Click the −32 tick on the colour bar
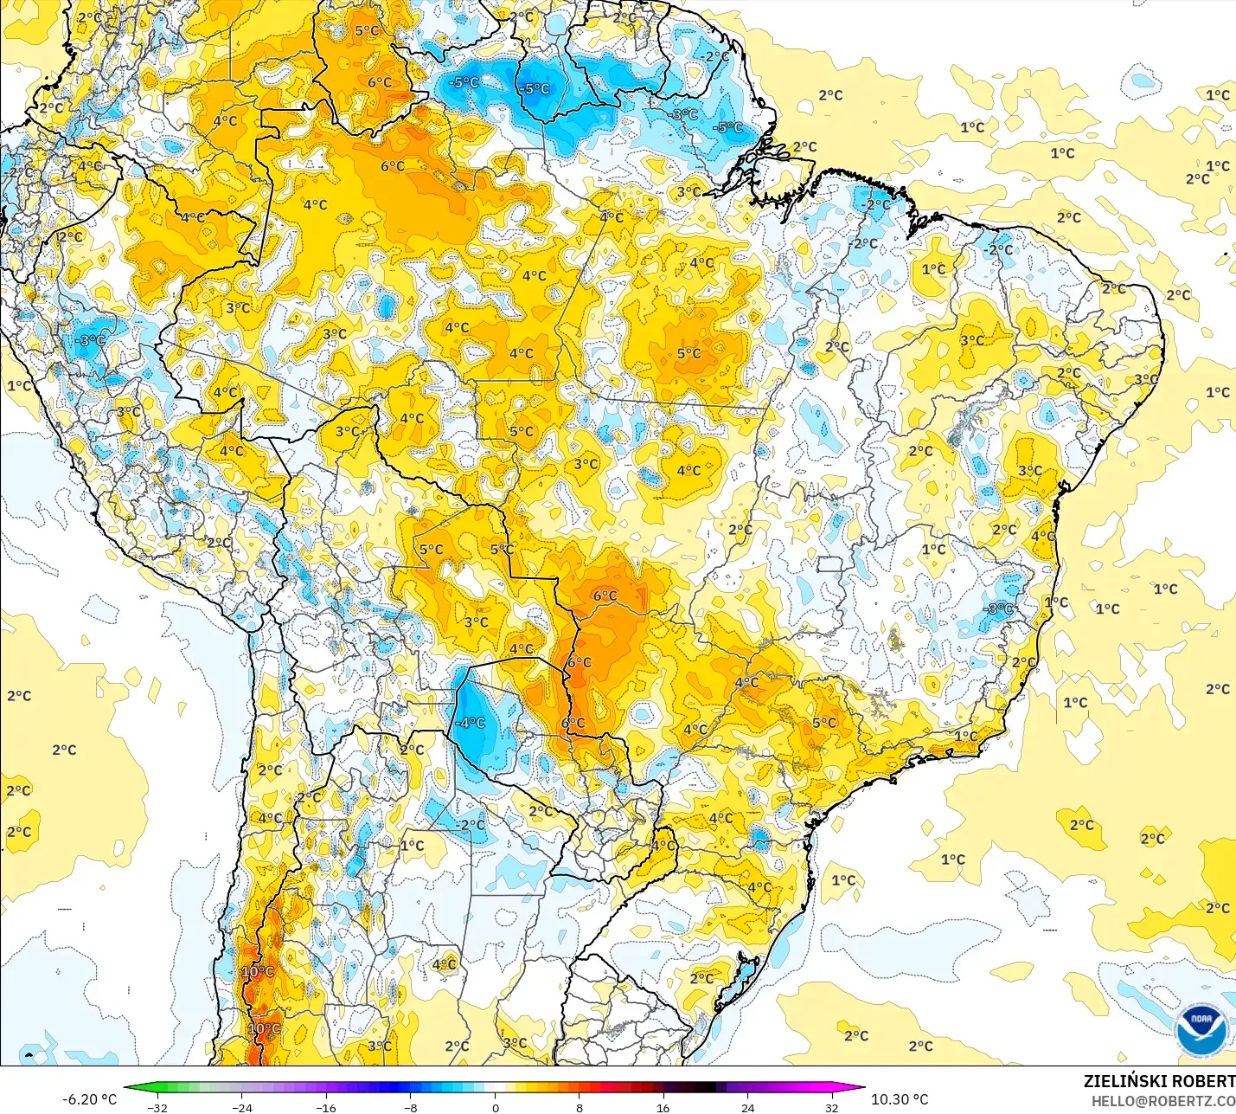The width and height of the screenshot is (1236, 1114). [157, 1106]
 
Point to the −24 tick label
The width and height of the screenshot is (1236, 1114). [241, 1106]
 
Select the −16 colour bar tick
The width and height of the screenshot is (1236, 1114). [325, 1106]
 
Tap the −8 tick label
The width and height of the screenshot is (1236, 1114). [411, 1106]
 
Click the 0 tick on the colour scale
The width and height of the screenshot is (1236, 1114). [495, 1106]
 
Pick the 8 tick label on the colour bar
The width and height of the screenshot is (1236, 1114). [580, 1106]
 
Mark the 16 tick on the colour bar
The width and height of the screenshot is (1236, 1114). [663, 1106]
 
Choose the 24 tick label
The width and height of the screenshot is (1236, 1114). [747, 1106]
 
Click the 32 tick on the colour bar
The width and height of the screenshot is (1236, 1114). [831, 1106]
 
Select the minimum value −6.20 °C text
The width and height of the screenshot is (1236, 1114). [89, 1098]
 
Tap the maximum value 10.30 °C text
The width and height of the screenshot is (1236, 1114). [900, 1098]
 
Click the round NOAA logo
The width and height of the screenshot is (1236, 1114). [1201, 1030]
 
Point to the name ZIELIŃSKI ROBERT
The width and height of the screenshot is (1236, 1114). [1159, 1081]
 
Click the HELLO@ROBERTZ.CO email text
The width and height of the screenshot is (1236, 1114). [1163, 1101]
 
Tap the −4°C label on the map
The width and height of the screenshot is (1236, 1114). [471, 723]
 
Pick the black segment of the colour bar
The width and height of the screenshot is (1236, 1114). [705, 1088]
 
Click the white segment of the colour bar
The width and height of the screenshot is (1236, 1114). [495, 1088]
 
